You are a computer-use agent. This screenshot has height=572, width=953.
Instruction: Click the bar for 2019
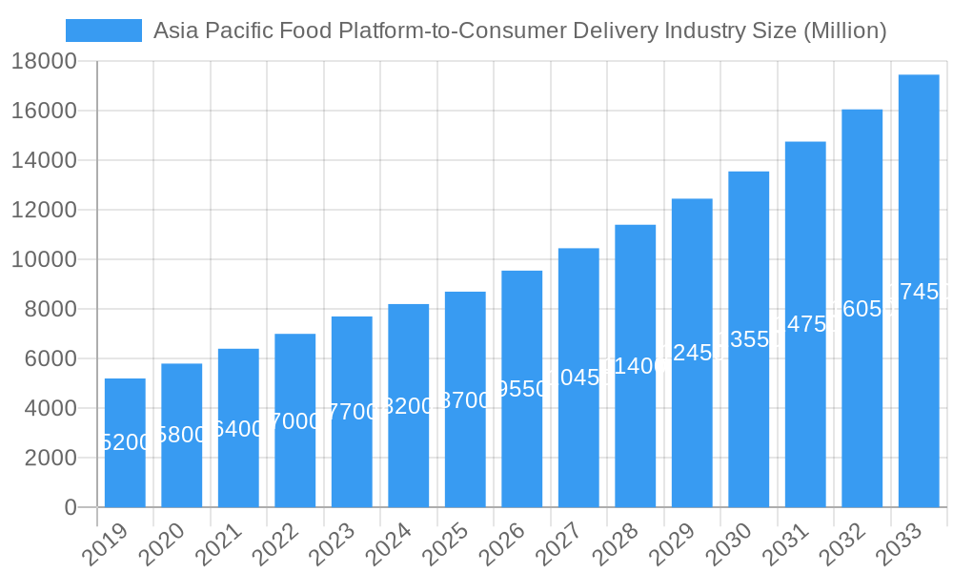125,442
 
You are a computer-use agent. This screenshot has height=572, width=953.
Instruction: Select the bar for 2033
919,291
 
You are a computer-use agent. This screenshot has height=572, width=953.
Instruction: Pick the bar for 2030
749,339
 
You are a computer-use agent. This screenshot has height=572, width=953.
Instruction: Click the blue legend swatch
103,31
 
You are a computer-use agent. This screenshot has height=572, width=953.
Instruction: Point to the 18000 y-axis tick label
44,61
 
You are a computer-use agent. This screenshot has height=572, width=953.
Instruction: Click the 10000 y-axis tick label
44,259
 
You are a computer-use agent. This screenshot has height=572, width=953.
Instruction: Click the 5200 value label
125,442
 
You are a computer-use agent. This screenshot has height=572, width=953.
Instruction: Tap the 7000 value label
295,420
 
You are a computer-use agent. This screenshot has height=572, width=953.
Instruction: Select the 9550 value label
522,389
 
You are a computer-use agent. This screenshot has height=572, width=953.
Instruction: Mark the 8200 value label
409,406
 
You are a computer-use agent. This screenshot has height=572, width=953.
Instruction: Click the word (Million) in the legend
845,31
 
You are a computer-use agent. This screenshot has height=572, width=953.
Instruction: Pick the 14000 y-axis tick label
44,160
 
